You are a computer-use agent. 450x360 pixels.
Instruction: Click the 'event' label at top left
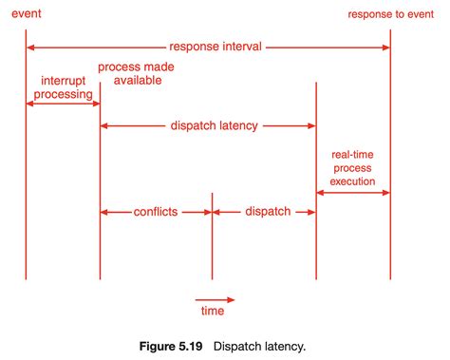[26, 14]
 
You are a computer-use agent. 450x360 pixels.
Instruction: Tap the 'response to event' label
[391, 14]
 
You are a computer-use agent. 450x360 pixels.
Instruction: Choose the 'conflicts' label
[156, 212]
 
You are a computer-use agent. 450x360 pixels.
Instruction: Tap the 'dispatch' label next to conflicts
[267, 212]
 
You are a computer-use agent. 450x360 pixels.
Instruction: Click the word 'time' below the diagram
[212, 311]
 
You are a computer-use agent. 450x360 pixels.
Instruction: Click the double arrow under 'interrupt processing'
[63, 104]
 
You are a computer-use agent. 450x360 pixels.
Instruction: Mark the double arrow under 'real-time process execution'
[353, 193]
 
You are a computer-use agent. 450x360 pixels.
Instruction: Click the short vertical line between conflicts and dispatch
[212, 242]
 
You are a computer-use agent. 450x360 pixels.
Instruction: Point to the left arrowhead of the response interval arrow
[31, 47]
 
